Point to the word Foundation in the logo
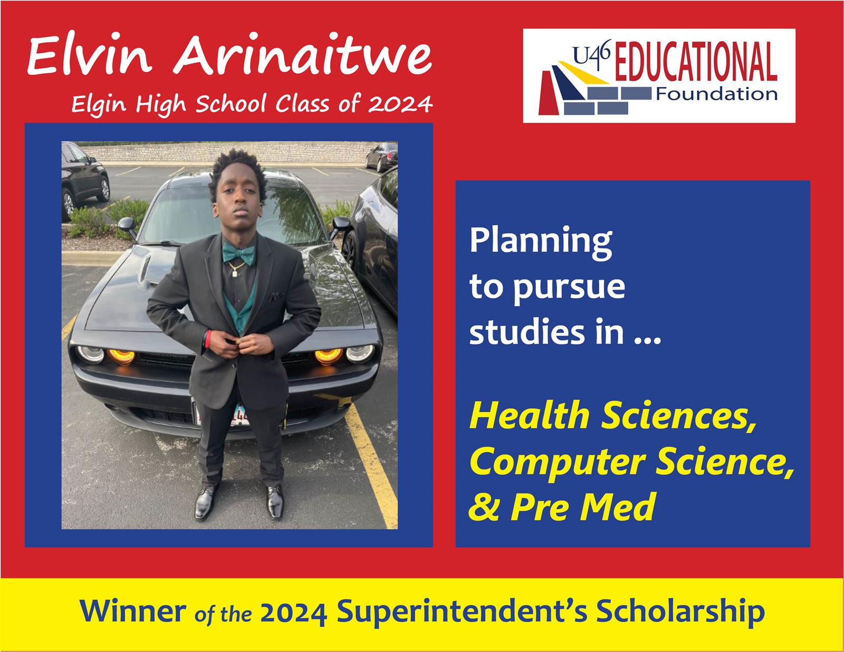click(716, 94)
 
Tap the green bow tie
click(238, 253)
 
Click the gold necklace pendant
click(235, 273)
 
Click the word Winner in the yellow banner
click(133, 611)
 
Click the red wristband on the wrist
click(208, 338)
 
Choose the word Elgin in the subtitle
click(99, 105)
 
